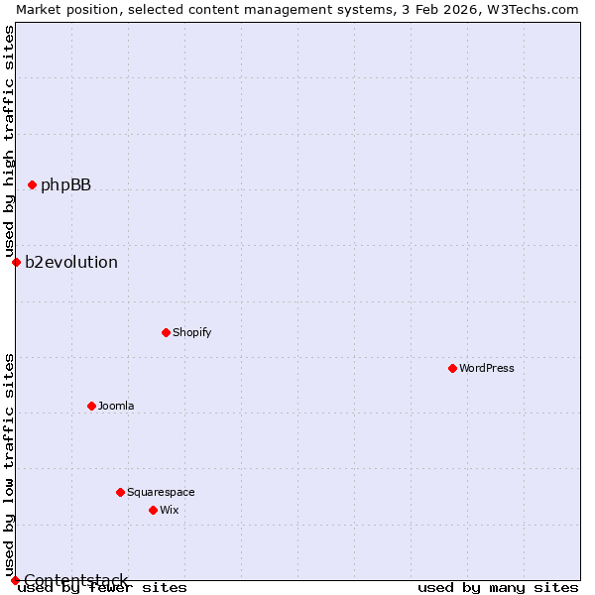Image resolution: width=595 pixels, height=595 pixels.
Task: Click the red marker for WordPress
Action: point(452,368)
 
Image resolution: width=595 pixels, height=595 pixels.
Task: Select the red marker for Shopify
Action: point(166,332)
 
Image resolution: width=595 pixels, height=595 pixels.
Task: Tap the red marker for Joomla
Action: point(91,406)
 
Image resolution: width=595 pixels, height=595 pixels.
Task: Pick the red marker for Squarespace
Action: point(120,492)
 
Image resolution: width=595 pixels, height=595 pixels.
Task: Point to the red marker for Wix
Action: point(153,510)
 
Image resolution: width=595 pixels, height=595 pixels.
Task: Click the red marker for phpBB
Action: point(32,184)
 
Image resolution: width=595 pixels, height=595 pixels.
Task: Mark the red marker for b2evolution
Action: point(16,262)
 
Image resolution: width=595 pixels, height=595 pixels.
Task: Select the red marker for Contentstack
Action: point(15,580)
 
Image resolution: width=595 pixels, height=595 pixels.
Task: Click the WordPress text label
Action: point(487,368)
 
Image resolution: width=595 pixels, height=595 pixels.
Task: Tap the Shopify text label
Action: point(191,332)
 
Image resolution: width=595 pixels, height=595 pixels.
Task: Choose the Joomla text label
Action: point(116,406)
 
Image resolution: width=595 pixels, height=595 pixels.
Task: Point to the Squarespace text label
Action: point(161,492)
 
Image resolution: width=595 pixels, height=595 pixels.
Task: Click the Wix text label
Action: point(170,510)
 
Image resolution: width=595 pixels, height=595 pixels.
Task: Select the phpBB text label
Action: point(65,184)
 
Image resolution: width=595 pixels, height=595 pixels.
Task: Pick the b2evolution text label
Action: point(71,262)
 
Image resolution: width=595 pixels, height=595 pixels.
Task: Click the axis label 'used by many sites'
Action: point(498,587)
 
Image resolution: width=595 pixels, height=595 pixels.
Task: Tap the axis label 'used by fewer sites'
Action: point(103,587)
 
